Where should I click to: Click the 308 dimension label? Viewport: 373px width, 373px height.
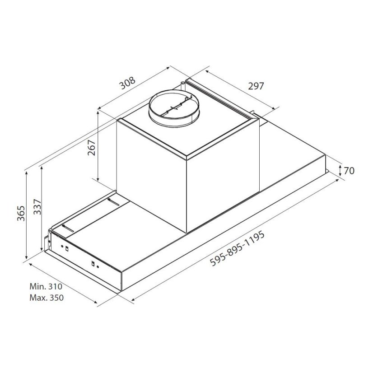tap(127, 83)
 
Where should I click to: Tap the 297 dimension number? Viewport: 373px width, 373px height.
tap(256, 86)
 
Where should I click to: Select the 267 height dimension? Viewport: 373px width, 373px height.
tap(92, 148)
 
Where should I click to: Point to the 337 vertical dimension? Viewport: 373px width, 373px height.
tap(37, 207)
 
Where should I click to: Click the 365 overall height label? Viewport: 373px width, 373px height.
tap(21, 214)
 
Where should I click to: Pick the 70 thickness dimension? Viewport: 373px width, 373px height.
tap(349, 171)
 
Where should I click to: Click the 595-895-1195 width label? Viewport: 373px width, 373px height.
tap(237, 248)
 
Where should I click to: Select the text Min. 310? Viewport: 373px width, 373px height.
tap(46, 286)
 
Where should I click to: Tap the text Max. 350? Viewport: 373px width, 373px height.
tap(47, 298)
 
